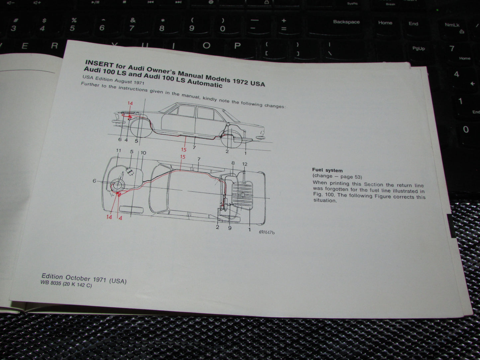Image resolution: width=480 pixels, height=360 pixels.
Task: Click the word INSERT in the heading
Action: pos(99,63)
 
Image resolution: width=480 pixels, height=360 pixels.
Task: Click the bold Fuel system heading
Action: pos(327,170)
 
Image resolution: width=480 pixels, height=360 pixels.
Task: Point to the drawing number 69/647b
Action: pos(267,232)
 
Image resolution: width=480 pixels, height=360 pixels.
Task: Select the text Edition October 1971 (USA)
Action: pos(84,279)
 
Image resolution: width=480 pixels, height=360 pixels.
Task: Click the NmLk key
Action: pos(452,25)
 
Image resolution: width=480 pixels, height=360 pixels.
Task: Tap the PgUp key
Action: pos(419,48)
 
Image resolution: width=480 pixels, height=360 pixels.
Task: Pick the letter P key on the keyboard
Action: pos(237,46)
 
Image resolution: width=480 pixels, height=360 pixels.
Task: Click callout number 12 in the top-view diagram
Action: pos(245,164)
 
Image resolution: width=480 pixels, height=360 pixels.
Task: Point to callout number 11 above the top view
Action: pos(119,150)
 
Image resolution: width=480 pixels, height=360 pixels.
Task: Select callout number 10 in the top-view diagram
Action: pos(144,153)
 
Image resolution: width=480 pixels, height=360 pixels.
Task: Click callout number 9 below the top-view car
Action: pos(230,228)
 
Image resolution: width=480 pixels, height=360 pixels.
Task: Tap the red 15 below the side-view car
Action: pos(184,149)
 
